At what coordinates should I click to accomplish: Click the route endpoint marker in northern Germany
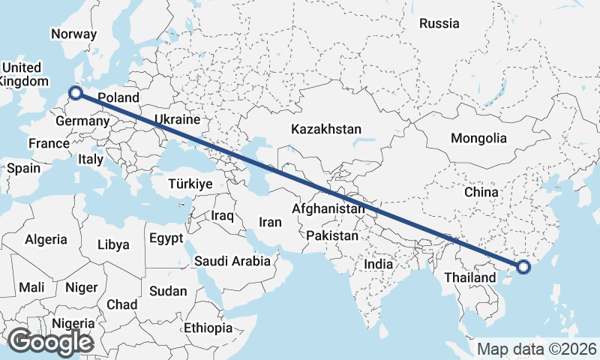pyautogui.click(x=75, y=94)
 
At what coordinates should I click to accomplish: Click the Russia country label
pyautogui.click(x=439, y=23)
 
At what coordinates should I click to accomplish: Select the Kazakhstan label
pyautogui.click(x=326, y=129)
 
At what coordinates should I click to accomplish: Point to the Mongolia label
pyautogui.click(x=478, y=138)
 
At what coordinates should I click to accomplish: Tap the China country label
pyautogui.click(x=481, y=192)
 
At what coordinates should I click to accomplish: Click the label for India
pyautogui.click(x=379, y=264)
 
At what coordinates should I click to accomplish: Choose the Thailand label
pyautogui.click(x=470, y=277)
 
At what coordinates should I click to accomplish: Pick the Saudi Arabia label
pyautogui.click(x=232, y=261)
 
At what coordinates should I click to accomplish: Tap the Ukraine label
pyautogui.click(x=177, y=119)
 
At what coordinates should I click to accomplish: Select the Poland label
pyautogui.click(x=118, y=97)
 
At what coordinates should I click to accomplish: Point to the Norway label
pyautogui.click(x=73, y=34)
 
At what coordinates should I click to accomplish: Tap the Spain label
pyautogui.click(x=23, y=168)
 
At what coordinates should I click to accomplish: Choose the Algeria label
pyautogui.click(x=46, y=240)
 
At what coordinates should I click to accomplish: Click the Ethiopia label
pyautogui.click(x=208, y=328)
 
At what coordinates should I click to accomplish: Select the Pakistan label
pyautogui.click(x=332, y=235)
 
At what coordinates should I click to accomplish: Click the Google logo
pyautogui.click(x=50, y=342)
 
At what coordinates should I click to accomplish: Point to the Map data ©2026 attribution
pyautogui.click(x=537, y=349)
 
